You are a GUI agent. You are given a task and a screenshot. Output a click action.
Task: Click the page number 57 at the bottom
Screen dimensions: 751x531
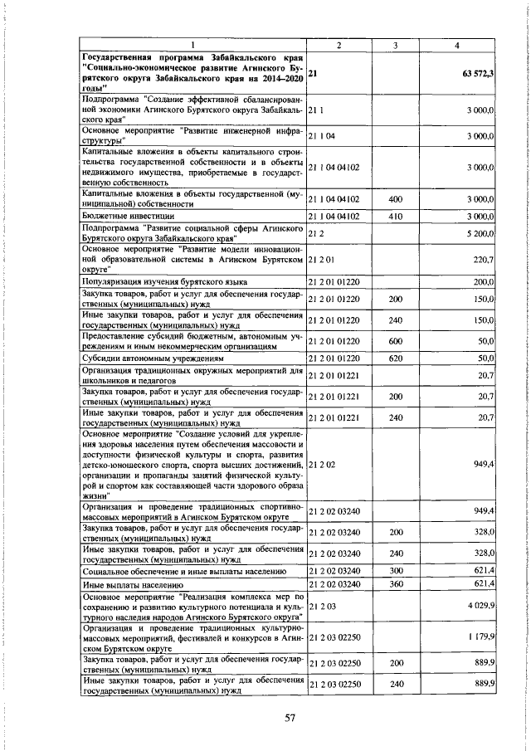click(290, 717)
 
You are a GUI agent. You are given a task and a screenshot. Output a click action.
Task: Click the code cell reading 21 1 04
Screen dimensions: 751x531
click(322, 134)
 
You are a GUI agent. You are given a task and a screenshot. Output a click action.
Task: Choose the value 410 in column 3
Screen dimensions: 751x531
click(396, 217)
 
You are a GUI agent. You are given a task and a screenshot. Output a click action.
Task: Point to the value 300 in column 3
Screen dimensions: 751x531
click(396, 571)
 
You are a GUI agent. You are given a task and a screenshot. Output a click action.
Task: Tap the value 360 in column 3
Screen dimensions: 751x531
click(396, 585)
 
